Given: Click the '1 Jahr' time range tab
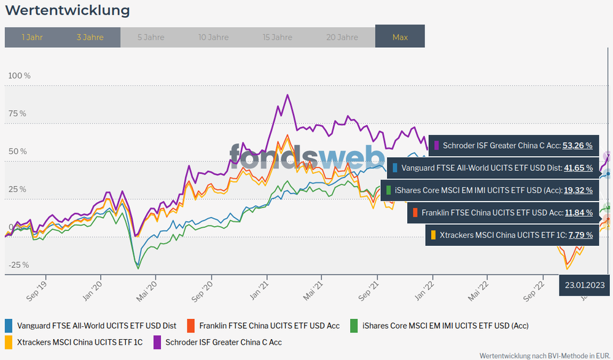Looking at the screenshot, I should [32, 37].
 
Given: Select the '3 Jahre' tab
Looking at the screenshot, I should [90, 37].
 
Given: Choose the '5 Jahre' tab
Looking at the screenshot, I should [150, 37].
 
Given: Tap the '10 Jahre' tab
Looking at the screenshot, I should [214, 37].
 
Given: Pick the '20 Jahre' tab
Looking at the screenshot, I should [342, 37].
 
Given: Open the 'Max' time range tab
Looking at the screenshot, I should [400, 37].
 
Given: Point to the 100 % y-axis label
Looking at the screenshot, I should [19, 76].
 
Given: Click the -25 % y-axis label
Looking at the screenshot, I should [18, 265].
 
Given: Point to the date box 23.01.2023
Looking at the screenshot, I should [585, 284].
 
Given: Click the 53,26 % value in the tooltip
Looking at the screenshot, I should [577, 146].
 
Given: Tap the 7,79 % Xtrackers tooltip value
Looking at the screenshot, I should [580, 235].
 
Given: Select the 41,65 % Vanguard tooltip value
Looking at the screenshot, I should [577, 168].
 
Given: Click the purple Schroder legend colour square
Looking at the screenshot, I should [158, 342].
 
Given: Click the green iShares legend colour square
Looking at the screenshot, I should [354, 326].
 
